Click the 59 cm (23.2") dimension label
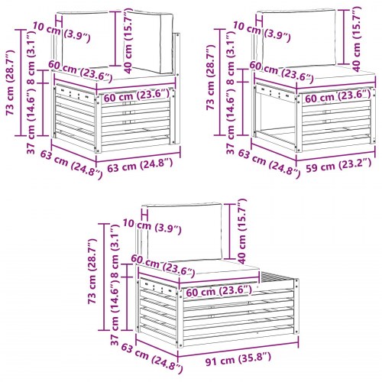338,166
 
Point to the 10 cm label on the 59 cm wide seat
247,28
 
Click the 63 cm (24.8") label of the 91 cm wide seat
151,358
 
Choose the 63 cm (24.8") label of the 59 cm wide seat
269,163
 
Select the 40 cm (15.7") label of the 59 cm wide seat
357,39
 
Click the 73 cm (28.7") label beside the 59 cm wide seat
210,78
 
